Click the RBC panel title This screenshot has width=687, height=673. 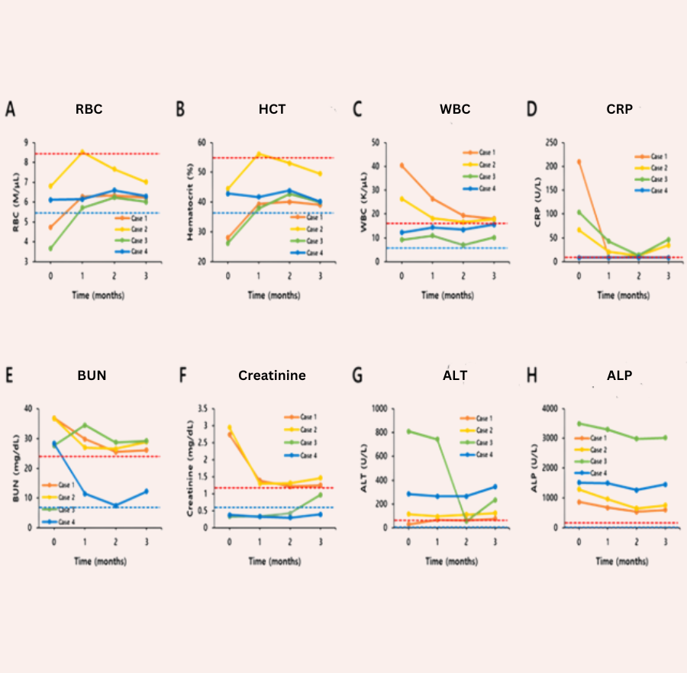point(89,109)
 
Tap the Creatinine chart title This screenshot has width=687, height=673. point(272,375)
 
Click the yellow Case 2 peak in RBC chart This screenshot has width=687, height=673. point(82,151)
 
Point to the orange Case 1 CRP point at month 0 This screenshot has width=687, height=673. point(579,161)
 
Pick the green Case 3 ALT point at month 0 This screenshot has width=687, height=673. point(408,431)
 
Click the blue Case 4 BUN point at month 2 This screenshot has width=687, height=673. point(115,505)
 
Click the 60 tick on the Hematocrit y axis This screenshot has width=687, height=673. point(202,142)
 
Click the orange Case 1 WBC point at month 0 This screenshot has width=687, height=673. point(402,166)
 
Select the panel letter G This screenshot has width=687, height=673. point(356,375)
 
